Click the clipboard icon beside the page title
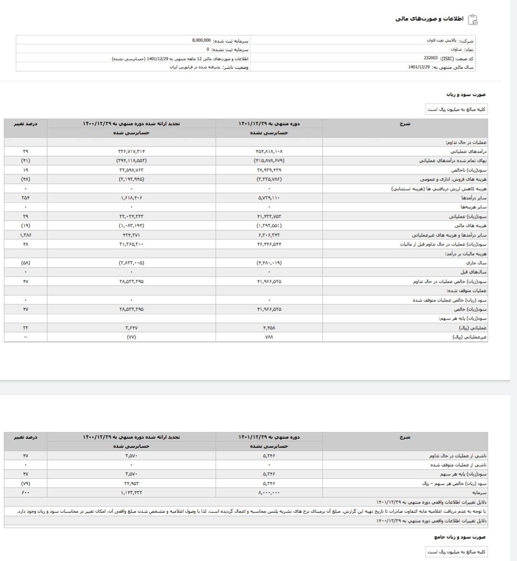click(x=472, y=19)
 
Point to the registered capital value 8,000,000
click(x=201, y=41)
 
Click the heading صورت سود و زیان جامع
click(x=460, y=537)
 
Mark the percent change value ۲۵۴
click(x=25, y=197)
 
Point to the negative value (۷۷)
click(x=132, y=337)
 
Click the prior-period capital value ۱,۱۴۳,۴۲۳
click(x=132, y=492)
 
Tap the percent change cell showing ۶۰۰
click(x=25, y=492)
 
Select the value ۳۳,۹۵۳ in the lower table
click(x=132, y=483)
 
